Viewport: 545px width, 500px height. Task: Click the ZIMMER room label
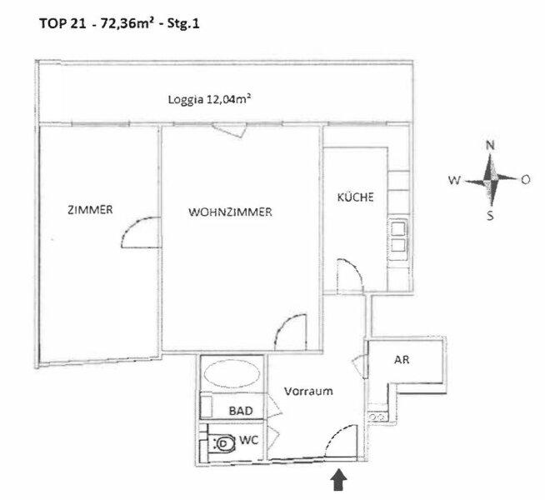coord(90,209)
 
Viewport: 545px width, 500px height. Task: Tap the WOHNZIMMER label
coord(230,212)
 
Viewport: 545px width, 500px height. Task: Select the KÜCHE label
coord(355,197)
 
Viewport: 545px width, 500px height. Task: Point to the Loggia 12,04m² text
coord(210,99)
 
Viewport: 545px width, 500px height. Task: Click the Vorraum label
coord(308,391)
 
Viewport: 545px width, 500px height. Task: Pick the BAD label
coord(241,411)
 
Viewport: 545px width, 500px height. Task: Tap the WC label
coord(249,440)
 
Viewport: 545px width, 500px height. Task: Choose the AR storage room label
coord(402,360)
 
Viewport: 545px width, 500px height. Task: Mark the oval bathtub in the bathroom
coord(232,374)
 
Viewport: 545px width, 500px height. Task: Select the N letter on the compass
coord(490,145)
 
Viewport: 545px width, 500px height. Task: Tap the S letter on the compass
coord(490,216)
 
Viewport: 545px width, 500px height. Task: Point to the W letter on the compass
coord(455,180)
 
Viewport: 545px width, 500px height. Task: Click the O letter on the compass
coord(526,180)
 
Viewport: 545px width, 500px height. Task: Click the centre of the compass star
coord(490,180)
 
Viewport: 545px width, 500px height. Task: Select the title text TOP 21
coord(62,23)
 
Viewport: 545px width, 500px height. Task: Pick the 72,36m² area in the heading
coord(127,23)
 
